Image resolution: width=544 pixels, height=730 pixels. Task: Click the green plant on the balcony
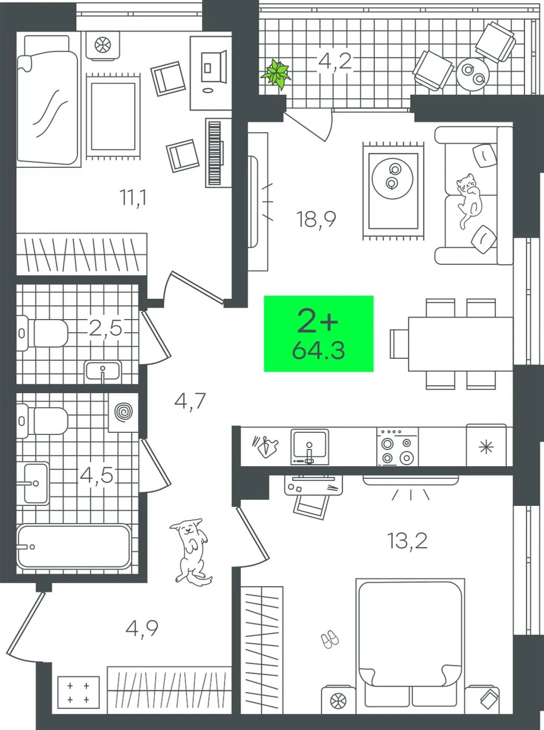click(276, 75)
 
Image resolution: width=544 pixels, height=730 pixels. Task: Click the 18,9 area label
click(316, 220)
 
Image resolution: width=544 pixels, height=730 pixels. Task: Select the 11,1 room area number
click(134, 198)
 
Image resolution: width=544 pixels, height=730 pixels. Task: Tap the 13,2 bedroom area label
click(407, 541)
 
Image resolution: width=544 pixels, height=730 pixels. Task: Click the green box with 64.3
click(319, 333)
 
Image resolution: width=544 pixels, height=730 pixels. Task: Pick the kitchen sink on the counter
click(309, 446)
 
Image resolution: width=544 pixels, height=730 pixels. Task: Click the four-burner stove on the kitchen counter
click(398, 446)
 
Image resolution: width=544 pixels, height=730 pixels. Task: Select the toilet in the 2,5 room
click(42, 333)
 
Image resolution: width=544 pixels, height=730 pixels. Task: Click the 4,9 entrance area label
click(142, 628)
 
